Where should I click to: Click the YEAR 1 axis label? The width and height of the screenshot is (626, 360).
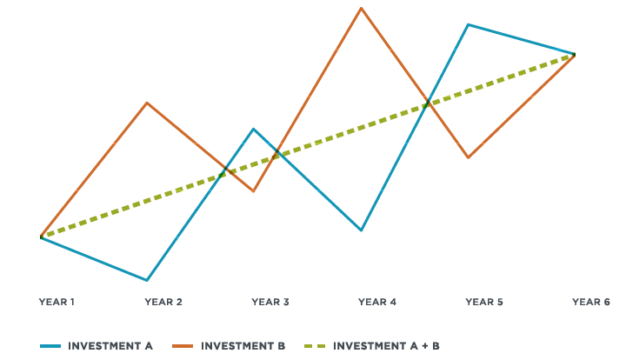pyautogui.click(x=57, y=302)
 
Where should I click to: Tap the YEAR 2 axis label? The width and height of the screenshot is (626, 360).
pyautogui.click(x=163, y=302)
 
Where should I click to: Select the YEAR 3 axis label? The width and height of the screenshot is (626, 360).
pyautogui.click(x=270, y=302)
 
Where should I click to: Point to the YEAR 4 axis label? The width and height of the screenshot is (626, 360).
pyautogui.click(x=377, y=302)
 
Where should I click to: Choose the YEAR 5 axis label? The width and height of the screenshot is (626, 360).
pyautogui.click(x=484, y=302)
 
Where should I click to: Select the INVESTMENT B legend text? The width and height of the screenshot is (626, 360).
pyautogui.click(x=243, y=345)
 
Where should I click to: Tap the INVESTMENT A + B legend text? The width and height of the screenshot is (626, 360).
pyautogui.click(x=387, y=345)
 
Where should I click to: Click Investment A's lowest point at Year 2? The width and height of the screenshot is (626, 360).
pyautogui.click(x=147, y=281)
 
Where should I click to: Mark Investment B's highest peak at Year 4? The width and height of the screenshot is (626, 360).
pyautogui.click(x=360, y=8)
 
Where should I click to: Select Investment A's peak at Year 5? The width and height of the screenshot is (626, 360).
pyautogui.click(x=468, y=24)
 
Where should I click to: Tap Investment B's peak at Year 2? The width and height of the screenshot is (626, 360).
pyautogui.click(x=147, y=103)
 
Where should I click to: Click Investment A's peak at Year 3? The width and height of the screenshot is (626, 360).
pyautogui.click(x=253, y=129)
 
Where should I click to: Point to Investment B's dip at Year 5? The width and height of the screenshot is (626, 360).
pyautogui.click(x=468, y=158)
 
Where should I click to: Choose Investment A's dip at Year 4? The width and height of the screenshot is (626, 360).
pyautogui.click(x=360, y=230)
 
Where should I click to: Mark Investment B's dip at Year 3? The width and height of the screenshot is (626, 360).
pyautogui.click(x=253, y=190)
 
